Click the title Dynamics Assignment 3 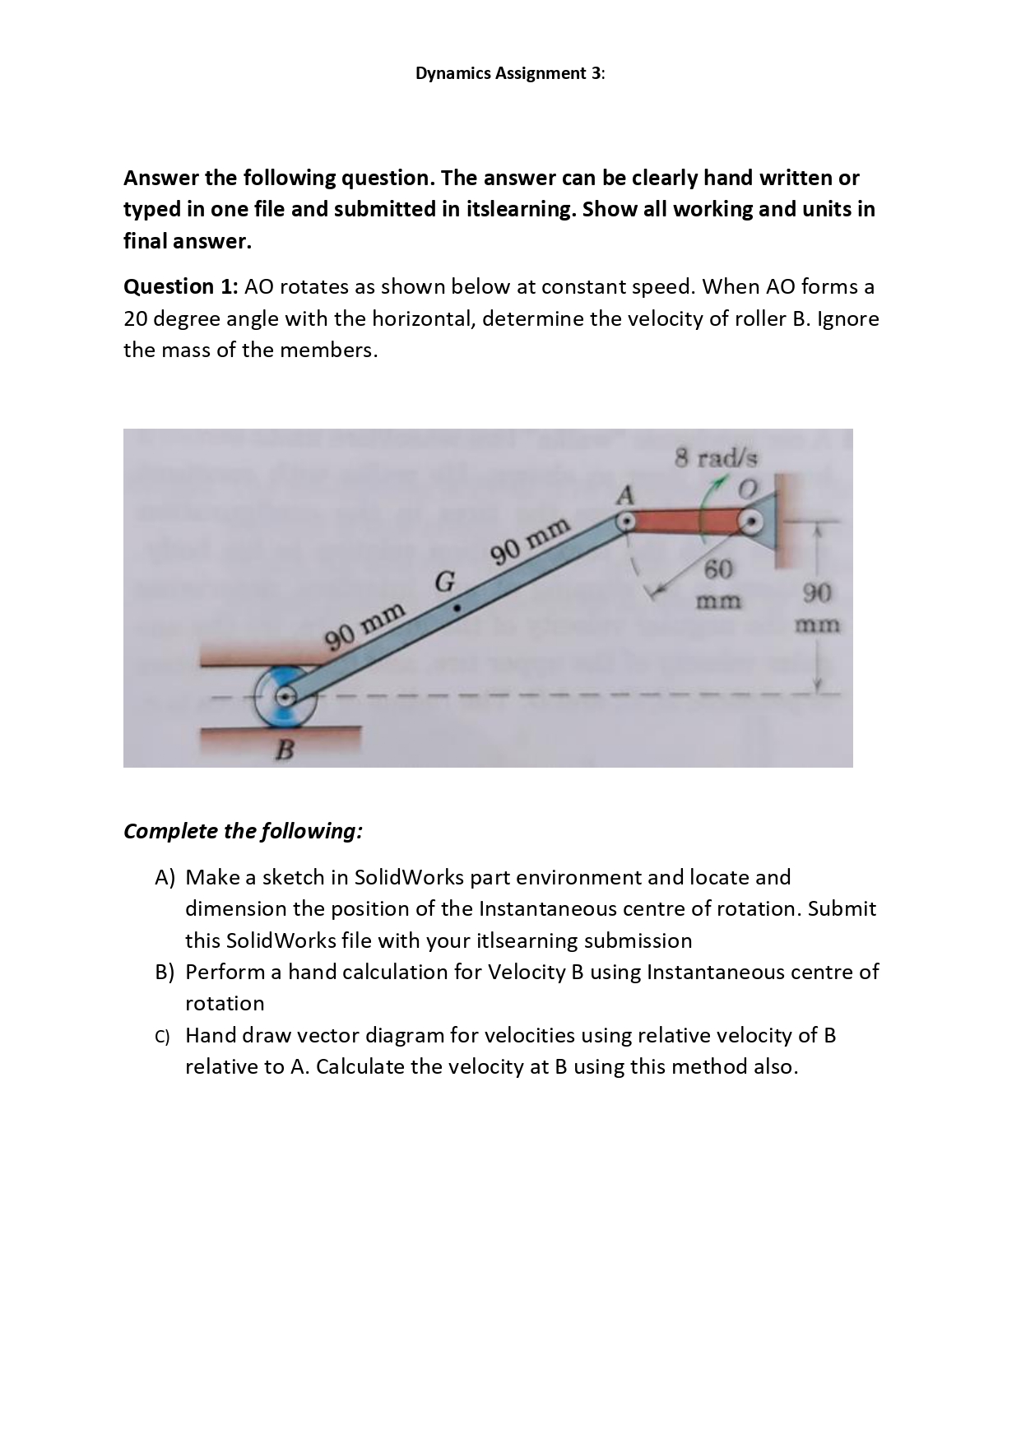509,73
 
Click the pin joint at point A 625,521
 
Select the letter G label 443,581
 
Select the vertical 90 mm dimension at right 817,607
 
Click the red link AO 687,522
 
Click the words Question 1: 181,287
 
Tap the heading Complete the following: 243,831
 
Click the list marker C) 165,1036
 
